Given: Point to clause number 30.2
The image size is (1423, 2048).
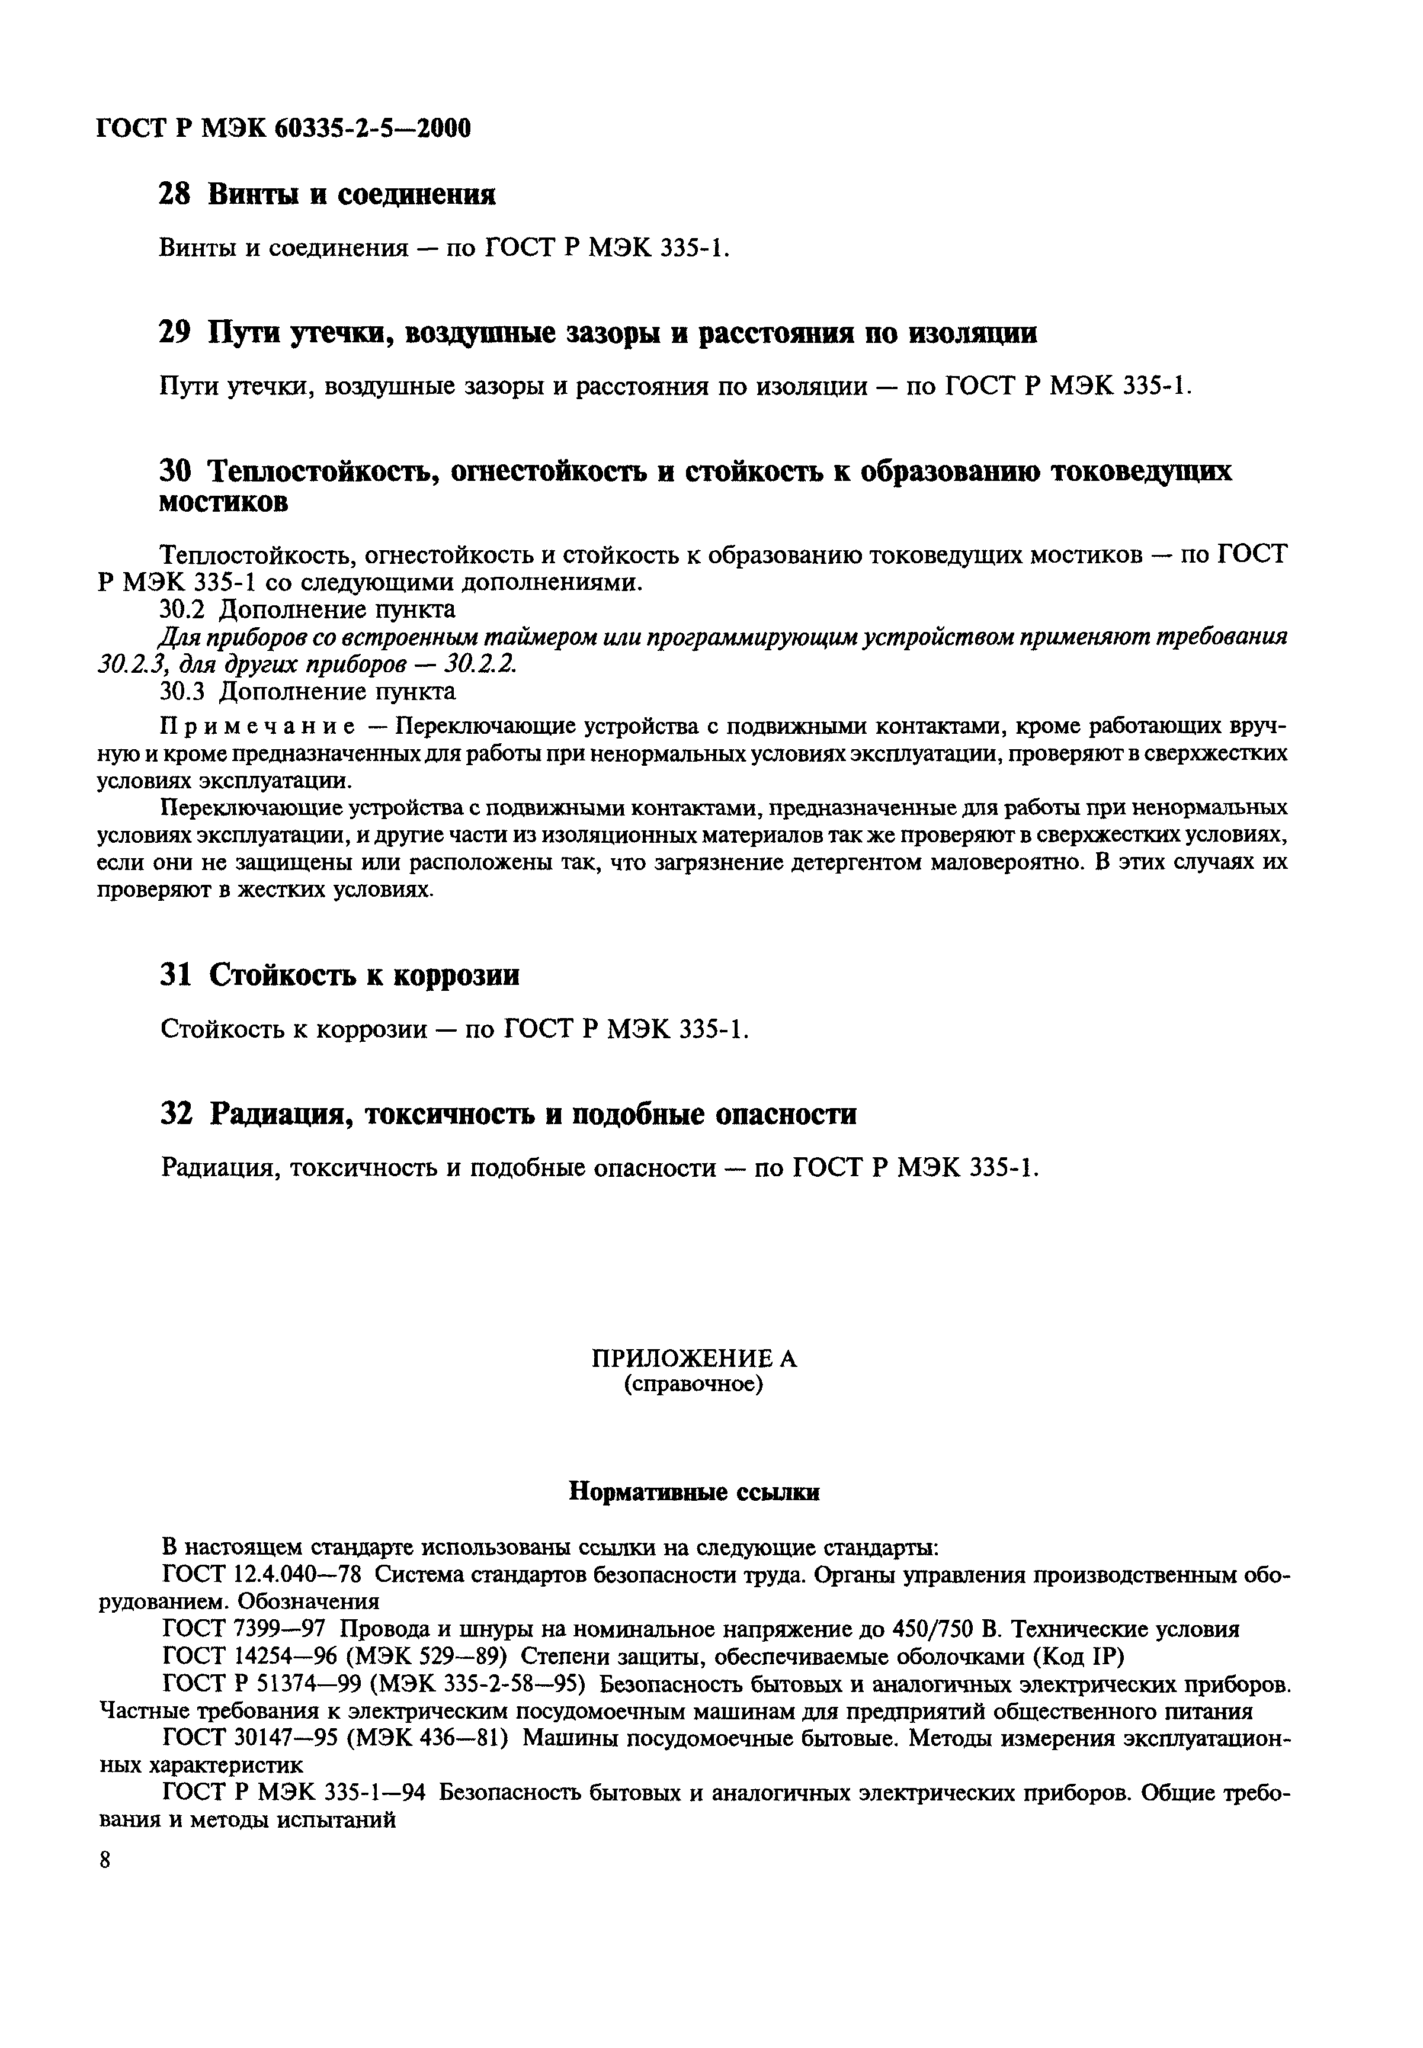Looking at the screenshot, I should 184,609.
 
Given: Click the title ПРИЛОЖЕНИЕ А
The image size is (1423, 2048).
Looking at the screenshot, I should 694,1358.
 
